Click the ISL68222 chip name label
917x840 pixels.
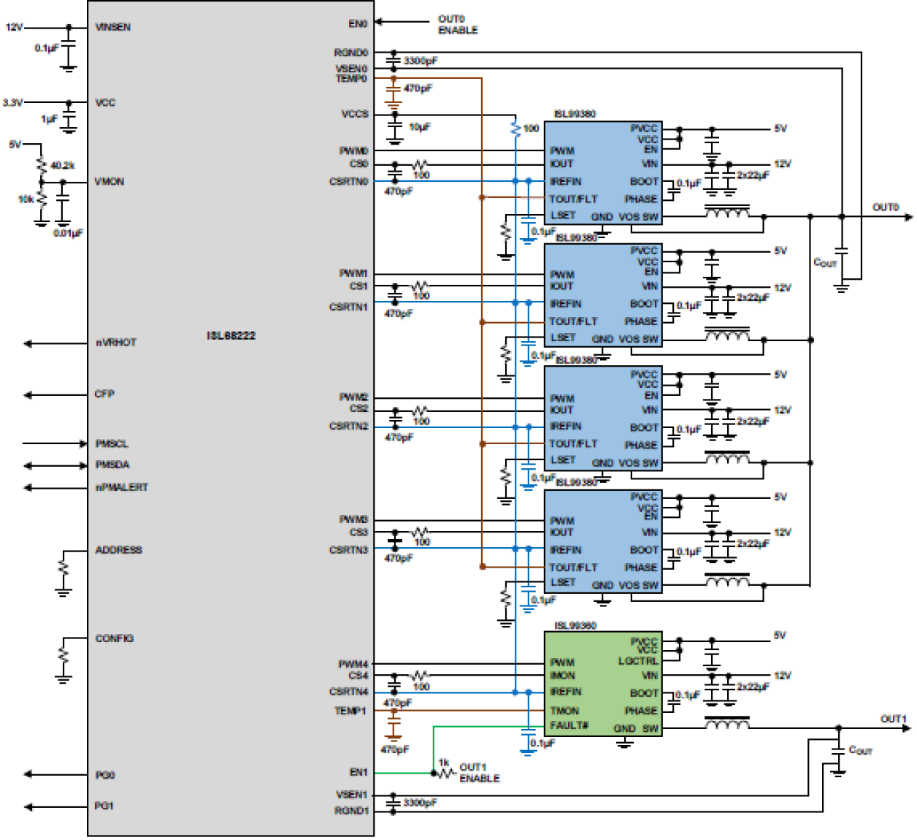click(x=231, y=335)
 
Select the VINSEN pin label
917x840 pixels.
click(x=113, y=27)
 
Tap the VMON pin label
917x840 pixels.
click(x=110, y=181)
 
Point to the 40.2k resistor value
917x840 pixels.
click(x=62, y=165)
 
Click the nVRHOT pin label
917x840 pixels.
click(x=116, y=343)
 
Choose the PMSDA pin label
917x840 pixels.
click(x=112, y=465)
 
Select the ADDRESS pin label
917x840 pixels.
click(x=118, y=550)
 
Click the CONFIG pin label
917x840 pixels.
click(x=115, y=638)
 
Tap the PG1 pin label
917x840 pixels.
click(x=104, y=806)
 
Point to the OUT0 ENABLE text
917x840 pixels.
click(x=457, y=24)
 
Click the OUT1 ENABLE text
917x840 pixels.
click(x=479, y=773)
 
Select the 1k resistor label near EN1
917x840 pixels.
click(x=443, y=763)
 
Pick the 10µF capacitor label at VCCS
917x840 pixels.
click(x=420, y=127)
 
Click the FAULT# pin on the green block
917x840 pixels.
click(x=569, y=725)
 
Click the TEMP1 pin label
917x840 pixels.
click(x=350, y=711)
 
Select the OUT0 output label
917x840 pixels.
click(x=886, y=207)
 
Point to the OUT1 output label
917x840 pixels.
click(x=893, y=719)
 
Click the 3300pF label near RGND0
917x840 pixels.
click(x=420, y=61)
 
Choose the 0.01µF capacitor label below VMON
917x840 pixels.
click(x=68, y=233)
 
